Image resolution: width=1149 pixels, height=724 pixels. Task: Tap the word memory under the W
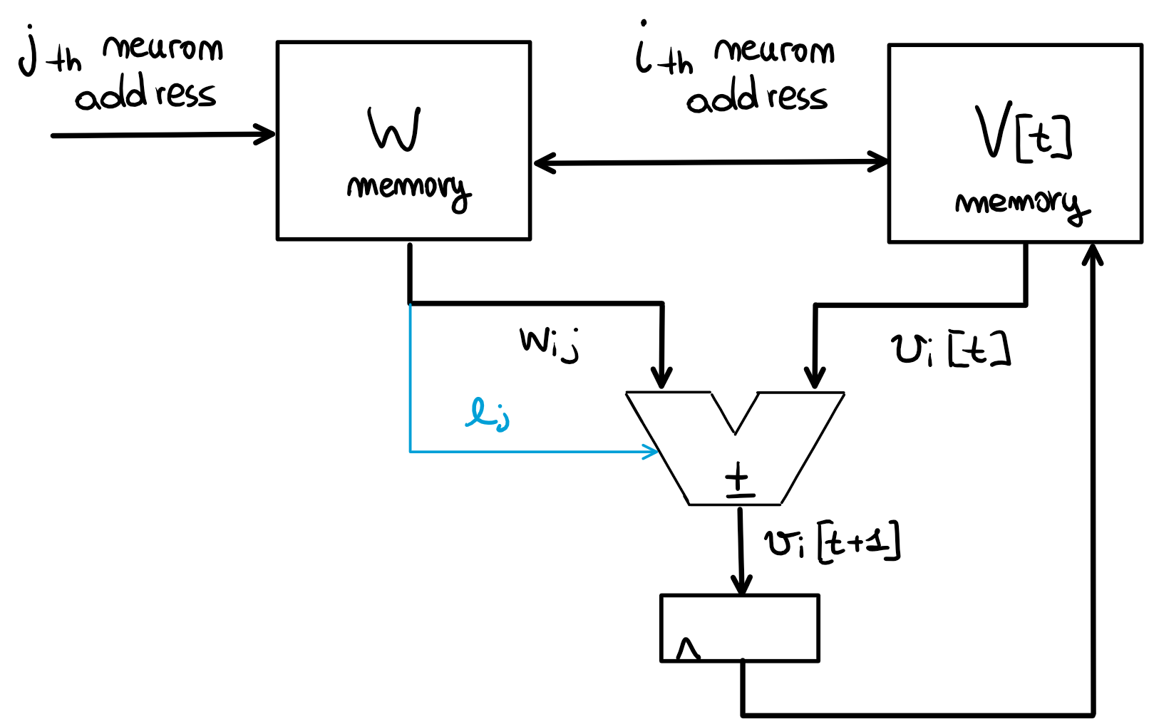[408, 189]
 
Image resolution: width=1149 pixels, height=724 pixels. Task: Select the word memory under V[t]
[1021, 205]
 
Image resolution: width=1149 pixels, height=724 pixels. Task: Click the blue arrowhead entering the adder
[651, 451]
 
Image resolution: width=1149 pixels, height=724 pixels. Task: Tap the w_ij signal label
[549, 343]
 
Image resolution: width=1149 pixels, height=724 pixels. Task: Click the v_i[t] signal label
[950, 350]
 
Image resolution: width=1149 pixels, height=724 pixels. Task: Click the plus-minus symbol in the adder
[739, 479]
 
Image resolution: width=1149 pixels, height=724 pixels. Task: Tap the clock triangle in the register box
[688, 649]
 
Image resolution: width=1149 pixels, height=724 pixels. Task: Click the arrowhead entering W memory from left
[267, 134]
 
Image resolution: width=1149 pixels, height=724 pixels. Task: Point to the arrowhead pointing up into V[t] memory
[1092, 253]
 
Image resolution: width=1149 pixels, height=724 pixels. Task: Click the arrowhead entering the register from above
[742, 586]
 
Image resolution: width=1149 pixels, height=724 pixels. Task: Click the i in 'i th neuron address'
[643, 50]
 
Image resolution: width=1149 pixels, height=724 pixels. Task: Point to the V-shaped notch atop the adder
[735, 413]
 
